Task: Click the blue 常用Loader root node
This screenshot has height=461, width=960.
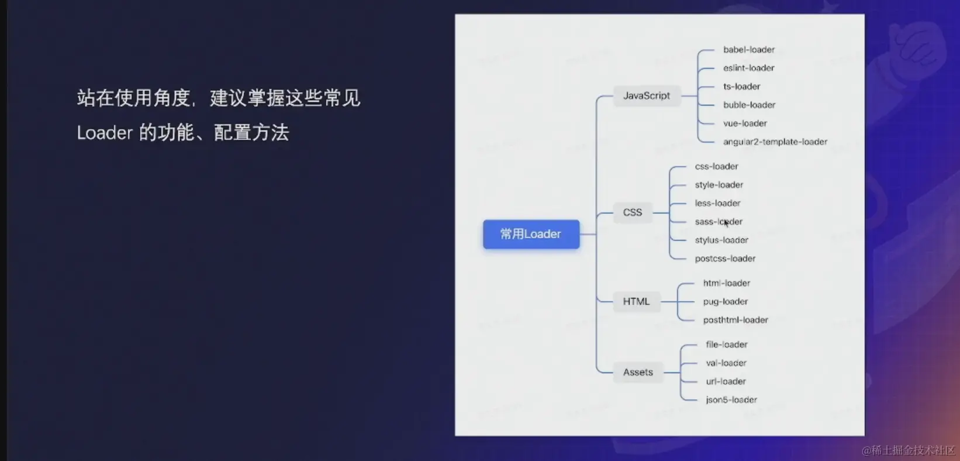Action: click(x=531, y=234)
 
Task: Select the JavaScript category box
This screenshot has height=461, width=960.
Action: click(x=647, y=95)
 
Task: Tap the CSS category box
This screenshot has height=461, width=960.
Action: click(x=633, y=212)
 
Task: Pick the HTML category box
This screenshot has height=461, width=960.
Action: click(x=636, y=301)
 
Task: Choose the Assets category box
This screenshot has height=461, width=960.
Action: click(x=638, y=372)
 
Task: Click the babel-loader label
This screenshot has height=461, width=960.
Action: click(x=748, y=50)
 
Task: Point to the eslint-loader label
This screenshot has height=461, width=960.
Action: click(x=748, y=68)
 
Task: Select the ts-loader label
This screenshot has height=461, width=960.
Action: click(x=741, y=87)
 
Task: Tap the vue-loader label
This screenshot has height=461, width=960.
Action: click(x=745, y=123)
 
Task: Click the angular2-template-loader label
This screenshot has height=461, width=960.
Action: click(x=775, y=142)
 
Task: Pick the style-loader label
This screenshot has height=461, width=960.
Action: click(x=719, y=185)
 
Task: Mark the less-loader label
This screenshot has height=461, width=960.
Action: click(x=717, y=203)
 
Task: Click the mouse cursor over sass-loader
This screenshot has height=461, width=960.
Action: click(x=726, y=222)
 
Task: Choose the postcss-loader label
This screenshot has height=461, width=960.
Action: click(x=725, y=259)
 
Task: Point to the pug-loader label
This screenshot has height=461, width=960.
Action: click(x=725, y=301)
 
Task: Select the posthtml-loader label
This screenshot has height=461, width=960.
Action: click(x=735, y=320)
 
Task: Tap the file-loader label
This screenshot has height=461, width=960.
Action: click(x=726, y=345)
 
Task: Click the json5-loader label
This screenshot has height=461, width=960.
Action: click(x=731, y=400)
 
